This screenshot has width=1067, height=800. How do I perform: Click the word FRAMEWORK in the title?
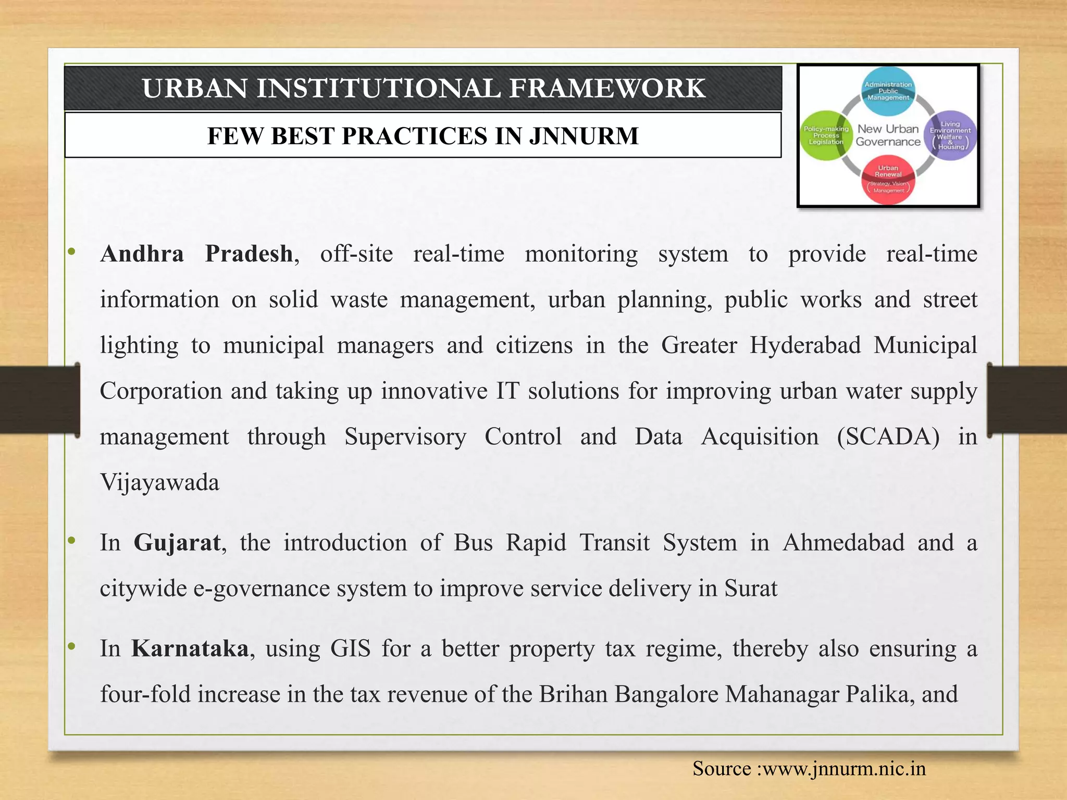pyautogui.click(x=607, y=88)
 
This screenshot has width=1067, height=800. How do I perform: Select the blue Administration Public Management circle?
pyautogui.click(x=888, y=91)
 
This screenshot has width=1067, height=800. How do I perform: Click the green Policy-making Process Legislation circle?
pyautogui.click(x=825, y=135)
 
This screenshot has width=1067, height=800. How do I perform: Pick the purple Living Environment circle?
pyautogui.click(x=950, y=135)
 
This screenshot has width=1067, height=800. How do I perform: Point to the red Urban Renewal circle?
pyautogui.click(x=888, y=180)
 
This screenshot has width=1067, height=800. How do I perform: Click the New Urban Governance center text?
pyautogui.click(x=888, y=135)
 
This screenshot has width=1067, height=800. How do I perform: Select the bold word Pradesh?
pyautogui.click(x=249, y=254)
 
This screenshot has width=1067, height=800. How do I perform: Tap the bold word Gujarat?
pyautogui.click(x=177, y=543)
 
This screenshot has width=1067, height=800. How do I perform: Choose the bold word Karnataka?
pyautogui.click(x=190, y=649)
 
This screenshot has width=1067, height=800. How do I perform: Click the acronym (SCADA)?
pyautogui.click(x=888, y=437)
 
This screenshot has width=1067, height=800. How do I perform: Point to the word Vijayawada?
pyautogui.click(x=159, y=482)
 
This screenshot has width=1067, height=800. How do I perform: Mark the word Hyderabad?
pyautogui.click(x=805, y=345)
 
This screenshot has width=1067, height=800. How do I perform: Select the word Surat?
pyautogui.click(x=751, y=589)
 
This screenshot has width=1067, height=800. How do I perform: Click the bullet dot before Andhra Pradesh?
pyautogui.click(x=72, y=252)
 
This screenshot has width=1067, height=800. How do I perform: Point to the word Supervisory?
pyautogui.click(x=405, y=437)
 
